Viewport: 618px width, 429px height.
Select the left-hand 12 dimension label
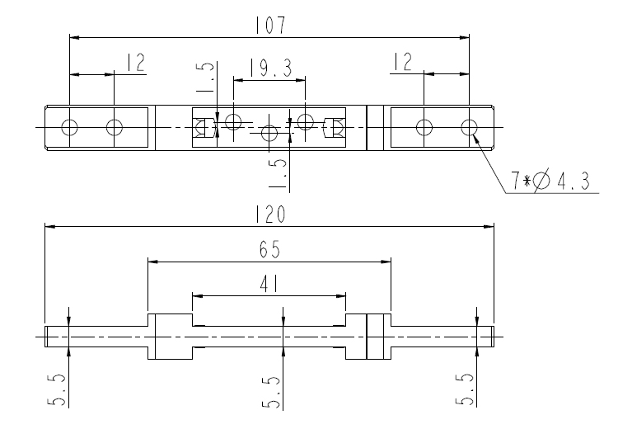coord(134,63)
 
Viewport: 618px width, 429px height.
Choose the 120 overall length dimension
coord(269,214)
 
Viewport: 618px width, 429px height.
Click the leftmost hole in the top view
coord(69,127)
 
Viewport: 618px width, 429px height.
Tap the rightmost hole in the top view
coord(469,127)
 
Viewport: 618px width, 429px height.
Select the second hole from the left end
coord(114,127)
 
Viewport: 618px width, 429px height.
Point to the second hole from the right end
coord(424,127)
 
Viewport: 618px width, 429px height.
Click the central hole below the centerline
coord(269,133)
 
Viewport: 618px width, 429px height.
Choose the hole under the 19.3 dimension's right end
coord(306,122)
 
